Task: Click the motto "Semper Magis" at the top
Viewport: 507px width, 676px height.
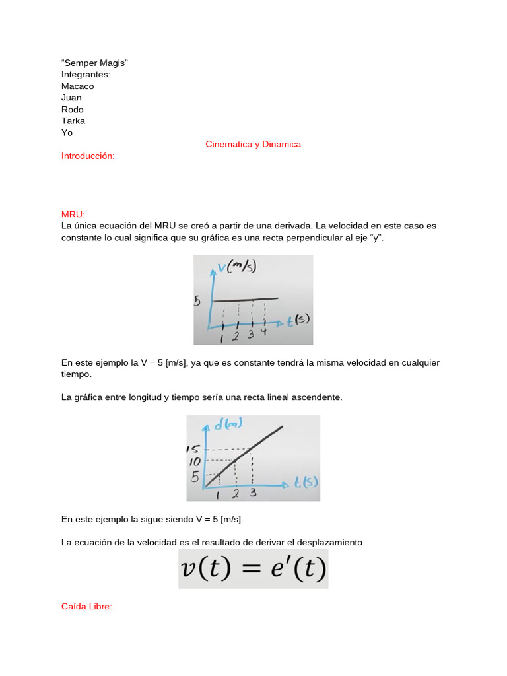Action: pyautogui.click(x=94, y=63)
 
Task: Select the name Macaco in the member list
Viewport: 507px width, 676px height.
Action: pyautogui.click(x=78, y=86)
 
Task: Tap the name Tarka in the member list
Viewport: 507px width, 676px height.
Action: pyautogui.click(x=73, y=121)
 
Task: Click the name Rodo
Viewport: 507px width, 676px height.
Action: pyautogui.click(x=73, y=110)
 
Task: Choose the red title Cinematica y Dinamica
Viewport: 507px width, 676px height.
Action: pyautogui.click(x=253, y=144)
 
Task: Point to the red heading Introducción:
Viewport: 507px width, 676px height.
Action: pyautogui.click(x=88, y=156)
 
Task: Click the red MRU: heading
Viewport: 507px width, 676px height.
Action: pyautogui.click(x=73, y=214)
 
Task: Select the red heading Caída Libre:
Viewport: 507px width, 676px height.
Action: pyautogui.click(x=86, y=607)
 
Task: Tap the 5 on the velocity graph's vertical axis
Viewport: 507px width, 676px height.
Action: pyautogui.click(x=197, y=302)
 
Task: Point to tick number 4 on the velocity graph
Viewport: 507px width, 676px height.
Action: pyautogui.click(x=264, y=332)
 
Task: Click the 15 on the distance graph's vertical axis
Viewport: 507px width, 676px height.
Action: pyautogui.click(x=195, y=449)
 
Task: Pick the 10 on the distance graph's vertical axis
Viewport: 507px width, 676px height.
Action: pyautogui.click(x=195, y=461)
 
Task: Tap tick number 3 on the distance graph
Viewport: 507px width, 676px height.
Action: pyautogui.click(x=253, y=492)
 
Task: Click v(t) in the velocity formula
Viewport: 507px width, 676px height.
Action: pyautogui.click(x=206, y=570)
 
